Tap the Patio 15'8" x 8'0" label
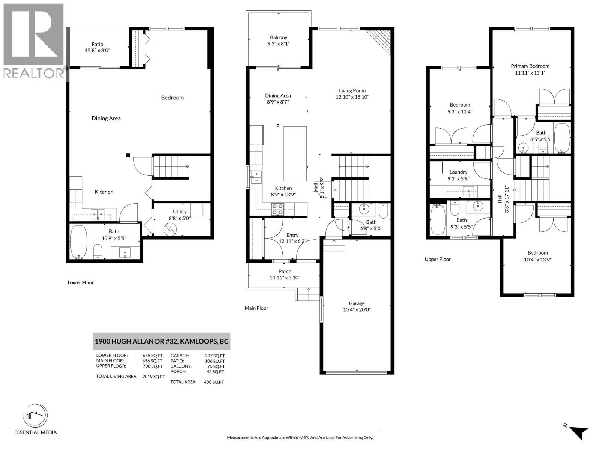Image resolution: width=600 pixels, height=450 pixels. pos(97,47)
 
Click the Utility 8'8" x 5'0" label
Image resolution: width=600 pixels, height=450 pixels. pos(180,214)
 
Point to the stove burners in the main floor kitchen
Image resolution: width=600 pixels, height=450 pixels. pos(277,209)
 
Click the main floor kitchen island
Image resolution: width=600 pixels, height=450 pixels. pos(295,153)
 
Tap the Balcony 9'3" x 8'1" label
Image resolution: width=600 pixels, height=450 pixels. pos(278,40)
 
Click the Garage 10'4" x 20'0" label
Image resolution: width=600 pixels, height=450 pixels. pos(357,306)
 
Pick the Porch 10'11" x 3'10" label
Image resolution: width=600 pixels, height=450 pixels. pos(285,274)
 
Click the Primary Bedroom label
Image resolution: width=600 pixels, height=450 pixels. pos(530,69)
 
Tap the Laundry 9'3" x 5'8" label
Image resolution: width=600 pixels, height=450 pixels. pos(458,175)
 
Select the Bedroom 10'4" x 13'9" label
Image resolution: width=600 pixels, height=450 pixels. pos(537,256)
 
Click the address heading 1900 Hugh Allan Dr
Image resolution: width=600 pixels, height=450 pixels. pos(161,341)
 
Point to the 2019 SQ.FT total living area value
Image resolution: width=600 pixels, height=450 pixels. pos(153,376)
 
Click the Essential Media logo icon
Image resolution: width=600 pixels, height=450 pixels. pos(35,416)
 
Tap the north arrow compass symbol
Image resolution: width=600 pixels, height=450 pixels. pos(579,432)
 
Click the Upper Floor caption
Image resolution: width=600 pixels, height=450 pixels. pos(438,259)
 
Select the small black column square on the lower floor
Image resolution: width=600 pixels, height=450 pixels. pos(128,155)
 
